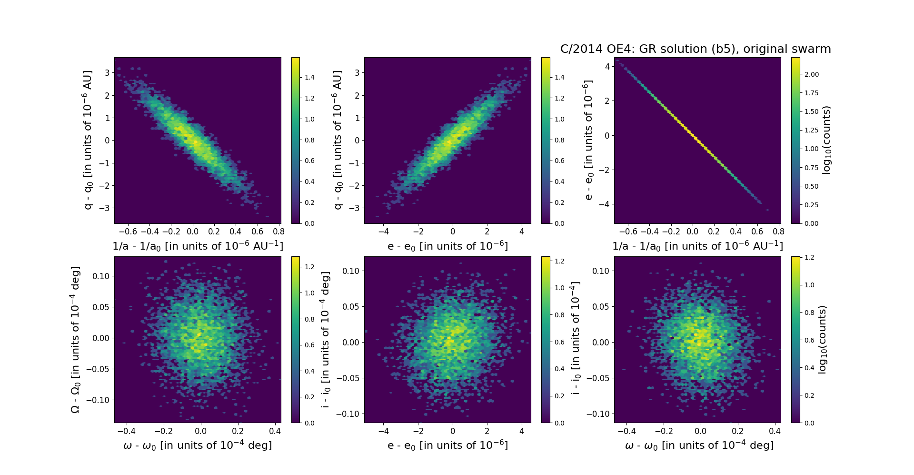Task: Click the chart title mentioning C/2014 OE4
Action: [695, 49]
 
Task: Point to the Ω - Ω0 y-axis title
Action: [75, 340]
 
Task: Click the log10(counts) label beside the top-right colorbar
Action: [826, 140]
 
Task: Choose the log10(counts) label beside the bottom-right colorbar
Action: [822, 340]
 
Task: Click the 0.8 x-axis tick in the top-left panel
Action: [278, 232]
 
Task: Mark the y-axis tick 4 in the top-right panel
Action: [607, 66]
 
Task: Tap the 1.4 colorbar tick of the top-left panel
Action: [309, 77]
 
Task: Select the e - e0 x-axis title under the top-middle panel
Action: [447, 246]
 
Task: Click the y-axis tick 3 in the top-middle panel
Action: [357, 72]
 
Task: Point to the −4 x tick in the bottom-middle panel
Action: [384, 431]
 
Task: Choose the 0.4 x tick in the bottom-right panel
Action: [775, 431]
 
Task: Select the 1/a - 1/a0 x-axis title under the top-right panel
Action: [697, 246]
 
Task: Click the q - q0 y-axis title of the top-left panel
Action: [88, 140]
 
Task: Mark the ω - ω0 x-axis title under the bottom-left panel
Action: [198, 445]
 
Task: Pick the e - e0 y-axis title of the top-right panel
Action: [588, 140]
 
